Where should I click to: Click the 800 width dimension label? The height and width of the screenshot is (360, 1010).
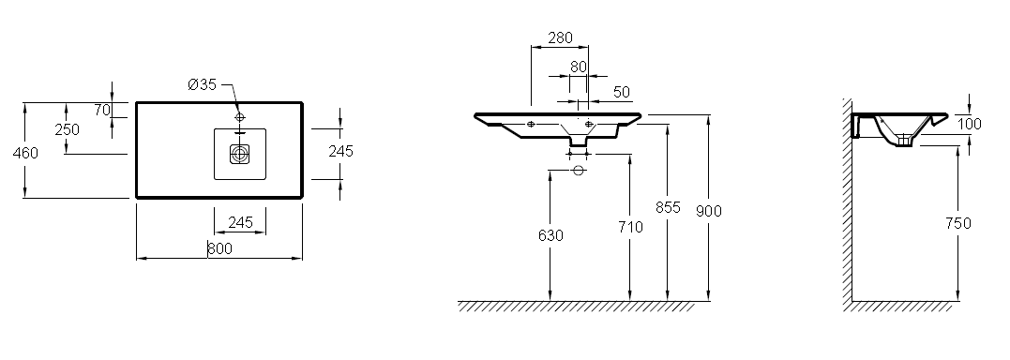point(219,248)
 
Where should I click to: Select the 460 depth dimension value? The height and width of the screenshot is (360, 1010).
point(25,153)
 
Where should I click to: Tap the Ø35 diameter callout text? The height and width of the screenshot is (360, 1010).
point(203,84)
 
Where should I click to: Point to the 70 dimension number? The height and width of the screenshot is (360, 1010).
point(102,110)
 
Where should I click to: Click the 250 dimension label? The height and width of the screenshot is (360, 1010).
point(67,129)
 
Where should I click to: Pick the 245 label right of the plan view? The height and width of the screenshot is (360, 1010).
point(340,151)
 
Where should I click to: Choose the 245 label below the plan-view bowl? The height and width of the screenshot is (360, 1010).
point(240,222)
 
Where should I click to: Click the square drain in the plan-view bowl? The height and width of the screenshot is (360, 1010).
point(240,154)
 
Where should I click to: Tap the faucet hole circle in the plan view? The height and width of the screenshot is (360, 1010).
point(240,117)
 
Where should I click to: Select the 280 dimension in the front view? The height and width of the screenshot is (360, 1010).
point(560,38)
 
